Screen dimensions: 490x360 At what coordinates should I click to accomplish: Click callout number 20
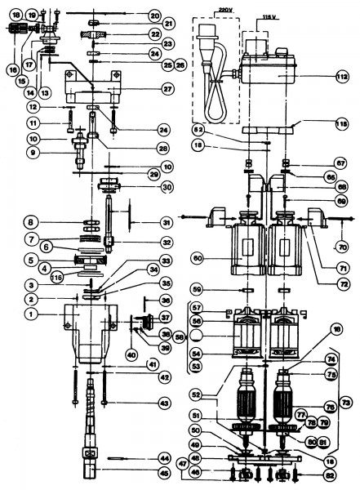[155, 16]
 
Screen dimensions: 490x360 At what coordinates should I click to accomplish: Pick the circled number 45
[164, 470]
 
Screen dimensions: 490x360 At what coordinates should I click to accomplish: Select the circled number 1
[31, 312]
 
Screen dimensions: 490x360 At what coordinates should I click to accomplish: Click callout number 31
[166, 222]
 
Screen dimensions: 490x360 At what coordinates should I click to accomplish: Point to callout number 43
[166, 404]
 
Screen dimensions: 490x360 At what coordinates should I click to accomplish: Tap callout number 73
[346, 403]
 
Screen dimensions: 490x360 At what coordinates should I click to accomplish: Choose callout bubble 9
[33, 153]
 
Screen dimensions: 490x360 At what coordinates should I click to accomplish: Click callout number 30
[167, 186]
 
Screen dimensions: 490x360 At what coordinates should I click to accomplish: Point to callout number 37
[165, 318]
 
